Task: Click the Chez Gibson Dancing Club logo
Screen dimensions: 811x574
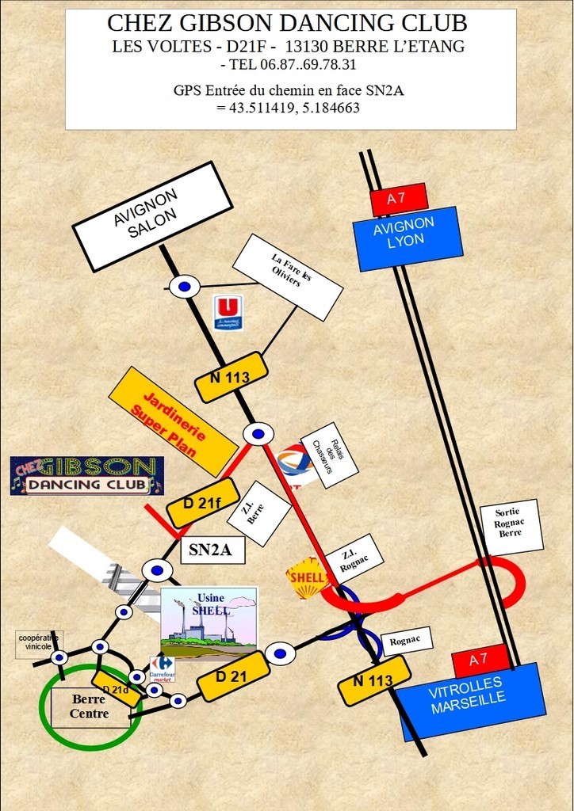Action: coord(87,475)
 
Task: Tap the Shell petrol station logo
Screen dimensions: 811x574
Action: coord(307,578)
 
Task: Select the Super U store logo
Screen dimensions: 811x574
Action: coord(228,313)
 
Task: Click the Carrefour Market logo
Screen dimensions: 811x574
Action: coord(162,668)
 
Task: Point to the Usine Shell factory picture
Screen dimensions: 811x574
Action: coord(209,623)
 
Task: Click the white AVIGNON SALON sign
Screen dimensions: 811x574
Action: coord(152,216)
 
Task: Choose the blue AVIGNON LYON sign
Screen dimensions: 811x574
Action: coord(407,238)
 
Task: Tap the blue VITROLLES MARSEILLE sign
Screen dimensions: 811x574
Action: coord(470,700)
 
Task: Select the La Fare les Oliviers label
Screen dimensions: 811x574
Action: coord(287,276)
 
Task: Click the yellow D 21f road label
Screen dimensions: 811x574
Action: coord(202,503)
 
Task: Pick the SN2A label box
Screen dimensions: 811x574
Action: coord(212,550)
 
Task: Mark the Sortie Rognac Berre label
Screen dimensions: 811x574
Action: coord(511,526)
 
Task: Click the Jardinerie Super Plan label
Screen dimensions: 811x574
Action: coord(173,420)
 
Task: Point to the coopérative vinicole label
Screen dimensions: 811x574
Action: coord(40,642)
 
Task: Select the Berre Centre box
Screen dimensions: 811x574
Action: coord(90,706)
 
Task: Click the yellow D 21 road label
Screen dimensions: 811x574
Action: coord(233,676)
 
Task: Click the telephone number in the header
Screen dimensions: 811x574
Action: coord(289,64)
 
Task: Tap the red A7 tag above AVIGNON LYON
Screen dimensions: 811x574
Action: coord(399,199)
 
